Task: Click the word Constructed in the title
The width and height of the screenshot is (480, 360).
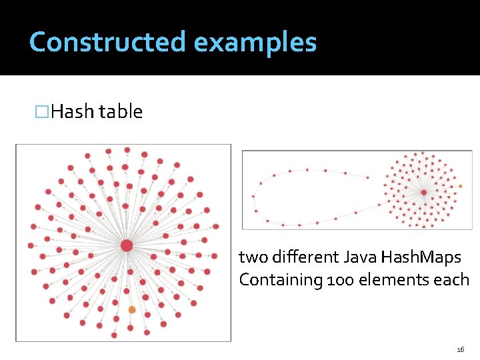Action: tap(107, 42)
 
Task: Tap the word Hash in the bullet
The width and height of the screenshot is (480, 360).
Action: tap(73, 111)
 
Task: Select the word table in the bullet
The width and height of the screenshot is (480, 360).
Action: tap(121, 111)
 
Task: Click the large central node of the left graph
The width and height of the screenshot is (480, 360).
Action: tap(127, 246)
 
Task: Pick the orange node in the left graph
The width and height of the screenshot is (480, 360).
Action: tap(132, 309)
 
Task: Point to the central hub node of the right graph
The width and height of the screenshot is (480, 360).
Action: tap(423, 192)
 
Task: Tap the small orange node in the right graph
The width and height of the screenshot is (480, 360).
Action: tap(460, 186)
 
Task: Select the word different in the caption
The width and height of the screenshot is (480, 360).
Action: tap(304, 257)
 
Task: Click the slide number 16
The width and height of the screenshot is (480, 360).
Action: tap(460, 349)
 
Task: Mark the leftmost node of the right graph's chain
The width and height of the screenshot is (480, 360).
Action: tap(253, 197)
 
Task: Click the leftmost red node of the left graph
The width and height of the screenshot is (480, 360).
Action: tap(31, 245)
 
